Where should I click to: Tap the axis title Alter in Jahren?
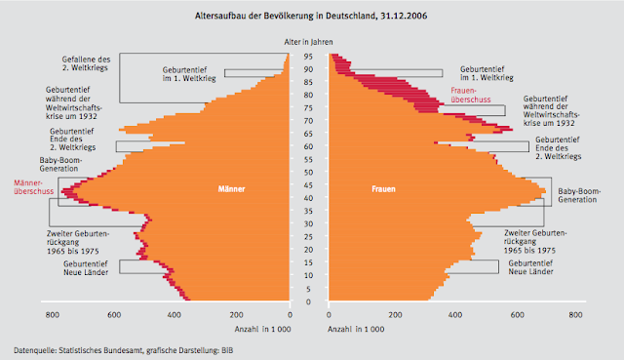[x=309, y=42]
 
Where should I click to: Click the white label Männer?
[x=231, y=188]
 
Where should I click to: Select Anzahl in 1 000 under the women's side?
[x=354, y=330]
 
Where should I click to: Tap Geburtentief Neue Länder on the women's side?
[x=535, y=267]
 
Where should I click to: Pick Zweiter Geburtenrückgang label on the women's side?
[x=530, y=241]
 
